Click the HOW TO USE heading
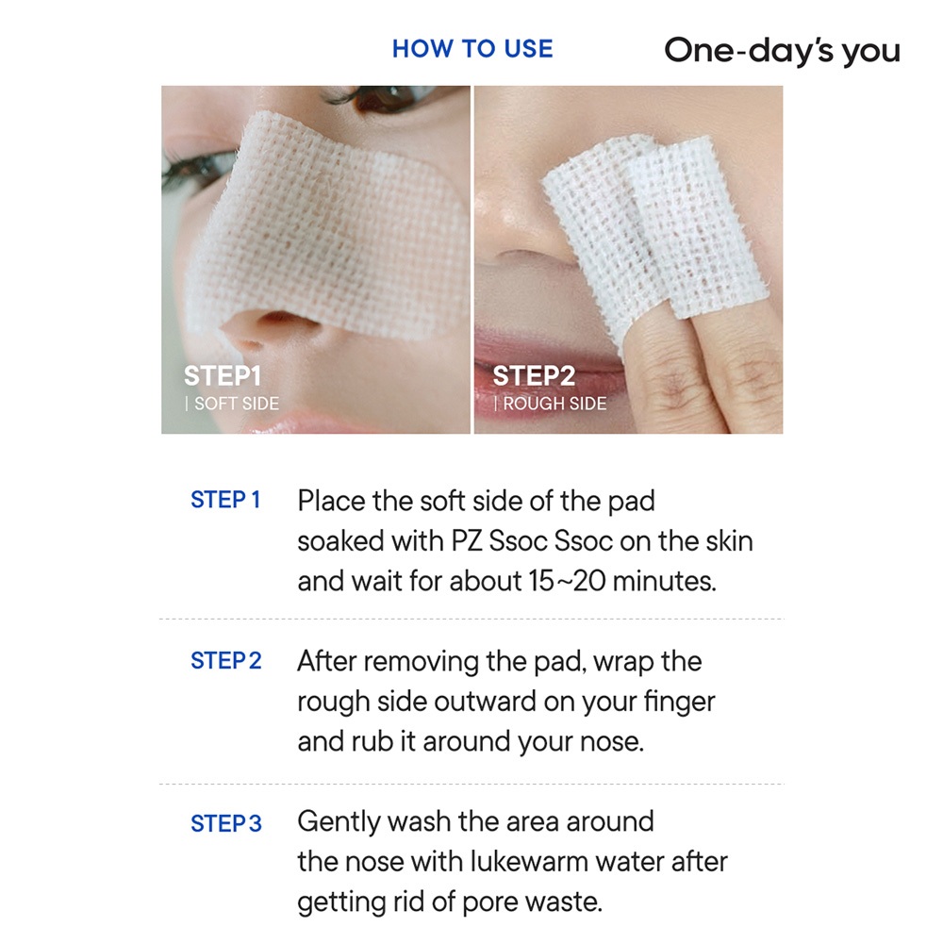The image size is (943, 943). pyautogui.click(x=472, y=49)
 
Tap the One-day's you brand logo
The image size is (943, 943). pyautogui.click(x=782, y=51)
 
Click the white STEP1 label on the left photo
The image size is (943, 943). pyautogui.click(x=223, y=376)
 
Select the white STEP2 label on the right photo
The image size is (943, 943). pyautogui.click(x=534, y=376)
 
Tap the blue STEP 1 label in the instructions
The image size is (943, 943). pyautogui.click(x=225, y=500)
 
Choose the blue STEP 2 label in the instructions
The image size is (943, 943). pyautogui.click(x=226, y=660)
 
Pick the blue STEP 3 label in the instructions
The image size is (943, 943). pyautogui.click(x=226, y=823)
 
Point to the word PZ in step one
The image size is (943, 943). pyautogui.click(x=467, y=540)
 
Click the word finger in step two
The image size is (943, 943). pyautogui.click(x=680, y=703)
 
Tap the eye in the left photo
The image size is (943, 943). pyautogui.click(x=385, y=95)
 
